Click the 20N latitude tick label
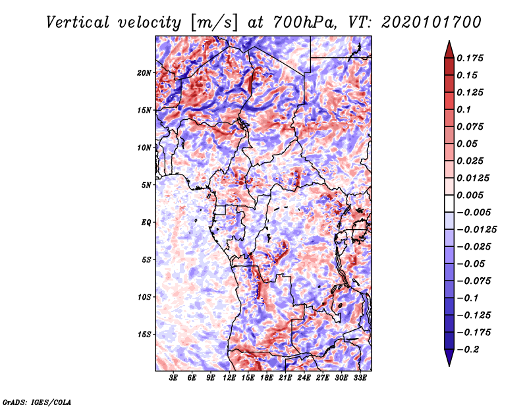coord(144,72)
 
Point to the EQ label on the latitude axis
coord(146,222)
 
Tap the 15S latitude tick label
coord(144,334)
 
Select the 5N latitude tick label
coord(146,185)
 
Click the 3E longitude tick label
coord(174,378)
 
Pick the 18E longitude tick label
coord(248,378)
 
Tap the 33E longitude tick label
coord(360,378)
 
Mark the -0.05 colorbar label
coord(472,263)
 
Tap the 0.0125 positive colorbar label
coord(474,178)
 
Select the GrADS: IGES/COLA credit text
coord(36,400)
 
